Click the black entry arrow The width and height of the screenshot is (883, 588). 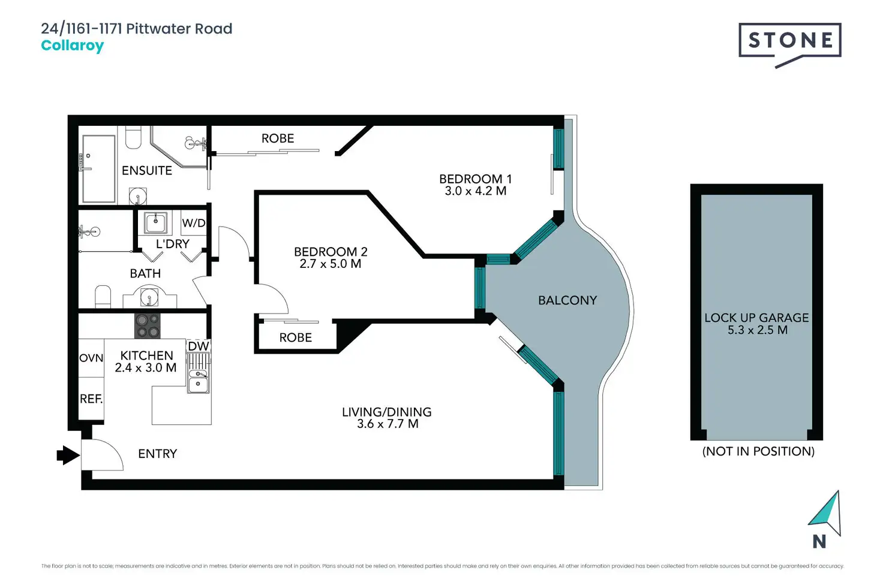(x=68, y=455)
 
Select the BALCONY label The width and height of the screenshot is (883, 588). (x=567, y=300)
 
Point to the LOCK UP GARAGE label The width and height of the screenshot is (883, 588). (x=756, y=318)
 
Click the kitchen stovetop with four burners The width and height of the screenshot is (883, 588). (x=148, y=325)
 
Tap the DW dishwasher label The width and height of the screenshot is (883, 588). (x=198, y=346)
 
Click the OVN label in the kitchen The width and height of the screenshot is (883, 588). (x=91, y=358)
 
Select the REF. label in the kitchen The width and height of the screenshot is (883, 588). (x=91, y=399)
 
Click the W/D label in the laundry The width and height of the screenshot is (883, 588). (x=193, y=223)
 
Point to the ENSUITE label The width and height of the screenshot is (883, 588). (x=147, y=171)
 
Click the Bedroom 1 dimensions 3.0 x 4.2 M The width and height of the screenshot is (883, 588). (x=475, y=191)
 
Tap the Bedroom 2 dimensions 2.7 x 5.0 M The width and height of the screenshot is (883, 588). (x=330, y=264)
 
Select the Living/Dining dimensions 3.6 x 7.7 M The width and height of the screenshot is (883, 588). (x=387, y=424)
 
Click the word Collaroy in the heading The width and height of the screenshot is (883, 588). (x=72, y=46)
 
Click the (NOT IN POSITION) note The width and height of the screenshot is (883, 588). (x=758, y=451)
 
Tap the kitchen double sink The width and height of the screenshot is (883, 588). (x=198, y=380)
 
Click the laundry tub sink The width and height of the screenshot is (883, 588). (x=156, y=223)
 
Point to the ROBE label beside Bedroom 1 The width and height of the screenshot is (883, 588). (x=278, y=138)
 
